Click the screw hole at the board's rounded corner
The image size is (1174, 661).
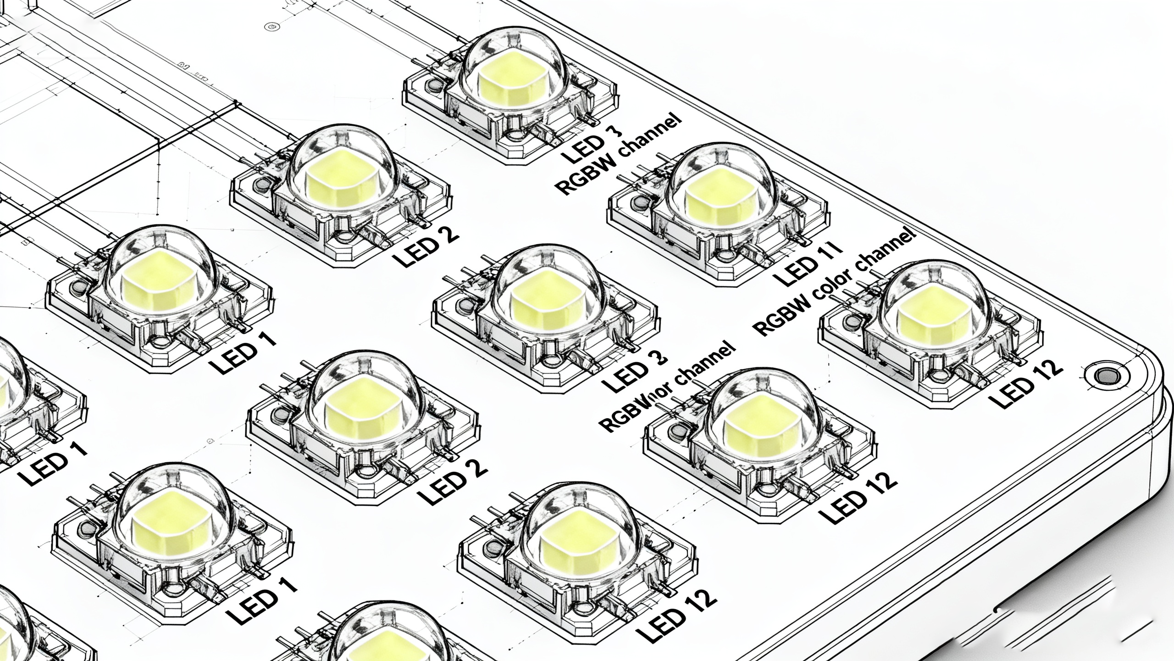[1105, 375]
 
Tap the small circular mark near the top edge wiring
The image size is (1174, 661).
[274, 26]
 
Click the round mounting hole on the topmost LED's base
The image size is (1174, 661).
[433, 85]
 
